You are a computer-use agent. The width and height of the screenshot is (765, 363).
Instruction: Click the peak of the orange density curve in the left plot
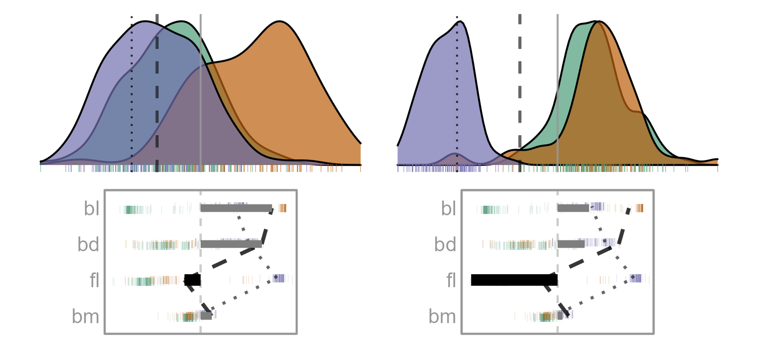pyautogui.click(x=280, y=21)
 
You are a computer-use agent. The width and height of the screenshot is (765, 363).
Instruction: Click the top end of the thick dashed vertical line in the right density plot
pyautogui.click(x=520, y=15)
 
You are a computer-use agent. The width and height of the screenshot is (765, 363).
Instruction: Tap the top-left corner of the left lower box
pyautogui.click(x=105, y=190)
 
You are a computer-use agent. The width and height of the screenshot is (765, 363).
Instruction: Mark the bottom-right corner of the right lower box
pyautogui.click(x=654, y=334)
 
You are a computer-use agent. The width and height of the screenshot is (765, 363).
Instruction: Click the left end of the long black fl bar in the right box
pyautogui.click(x=472, y=280)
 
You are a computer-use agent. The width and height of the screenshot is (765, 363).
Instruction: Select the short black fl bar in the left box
pyautogui.click(x=192, y=280)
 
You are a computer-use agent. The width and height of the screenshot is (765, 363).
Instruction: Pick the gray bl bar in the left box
pyautogui.click(x=236, y=208)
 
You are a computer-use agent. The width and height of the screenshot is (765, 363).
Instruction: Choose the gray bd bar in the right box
pyautogui.click(x=571, y=244)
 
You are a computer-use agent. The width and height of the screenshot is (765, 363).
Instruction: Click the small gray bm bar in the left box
pyautogui.click(x=206, y=316)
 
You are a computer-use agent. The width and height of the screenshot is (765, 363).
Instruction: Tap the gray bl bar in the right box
pyautogui.click(x=573, y=208)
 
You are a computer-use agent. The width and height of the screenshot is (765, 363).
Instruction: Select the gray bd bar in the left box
pyautogui.click(x=231, y=244)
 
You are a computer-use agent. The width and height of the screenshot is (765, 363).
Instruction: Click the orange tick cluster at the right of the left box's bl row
pyautogui.click(x=283, y=208)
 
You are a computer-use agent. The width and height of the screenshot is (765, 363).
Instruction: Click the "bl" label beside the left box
pyautogui.click(x=91, y=209)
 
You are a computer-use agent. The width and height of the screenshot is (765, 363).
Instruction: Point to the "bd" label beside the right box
pyautogui.click(x=445, y=245)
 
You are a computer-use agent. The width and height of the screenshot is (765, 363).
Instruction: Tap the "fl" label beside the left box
pyautogui.click(x=94, y=280)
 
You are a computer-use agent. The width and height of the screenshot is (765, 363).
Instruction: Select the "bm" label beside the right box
pyautogui.click(x=442, y=317)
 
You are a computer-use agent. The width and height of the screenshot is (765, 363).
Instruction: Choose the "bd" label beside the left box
pyautogui.click(x=88, y=245)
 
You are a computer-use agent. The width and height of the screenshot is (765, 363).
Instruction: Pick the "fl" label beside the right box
pyautogui.click(x=451, y=280)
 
